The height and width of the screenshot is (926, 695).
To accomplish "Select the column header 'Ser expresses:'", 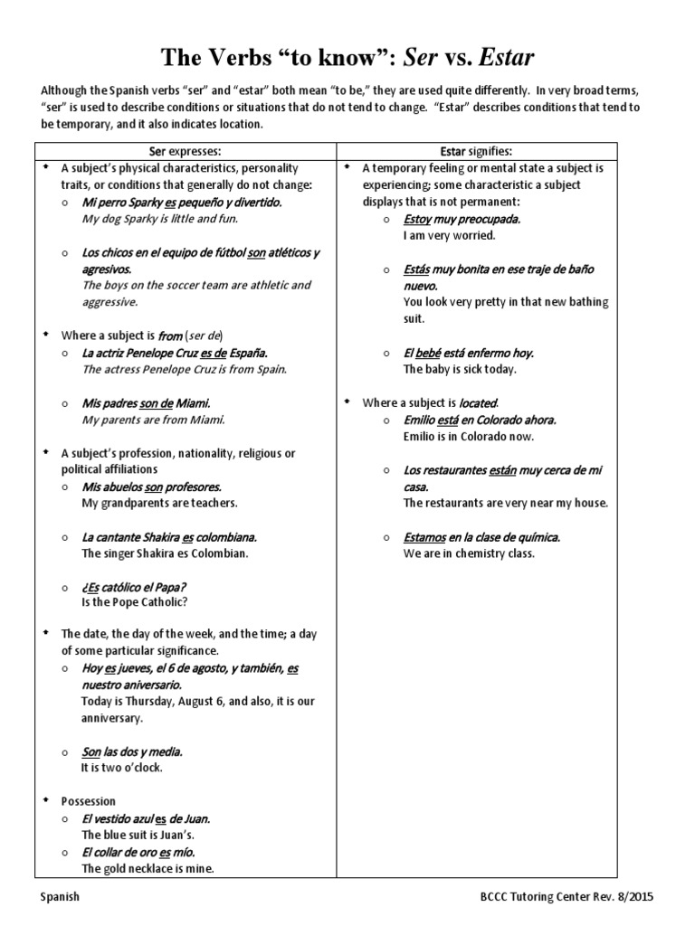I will (185, 150).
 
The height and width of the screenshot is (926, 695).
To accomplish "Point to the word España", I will (246, 353).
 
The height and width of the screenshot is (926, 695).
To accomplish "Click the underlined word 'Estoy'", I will (419, 219).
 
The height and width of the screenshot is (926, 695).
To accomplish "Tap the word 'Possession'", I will (89, 801).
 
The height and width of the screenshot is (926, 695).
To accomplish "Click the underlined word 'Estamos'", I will (424, 536).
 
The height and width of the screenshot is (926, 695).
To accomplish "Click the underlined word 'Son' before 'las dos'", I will (90, 751).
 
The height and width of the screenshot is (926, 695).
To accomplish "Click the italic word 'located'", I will (478, 402).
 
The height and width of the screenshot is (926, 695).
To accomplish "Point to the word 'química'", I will (535, 536).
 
